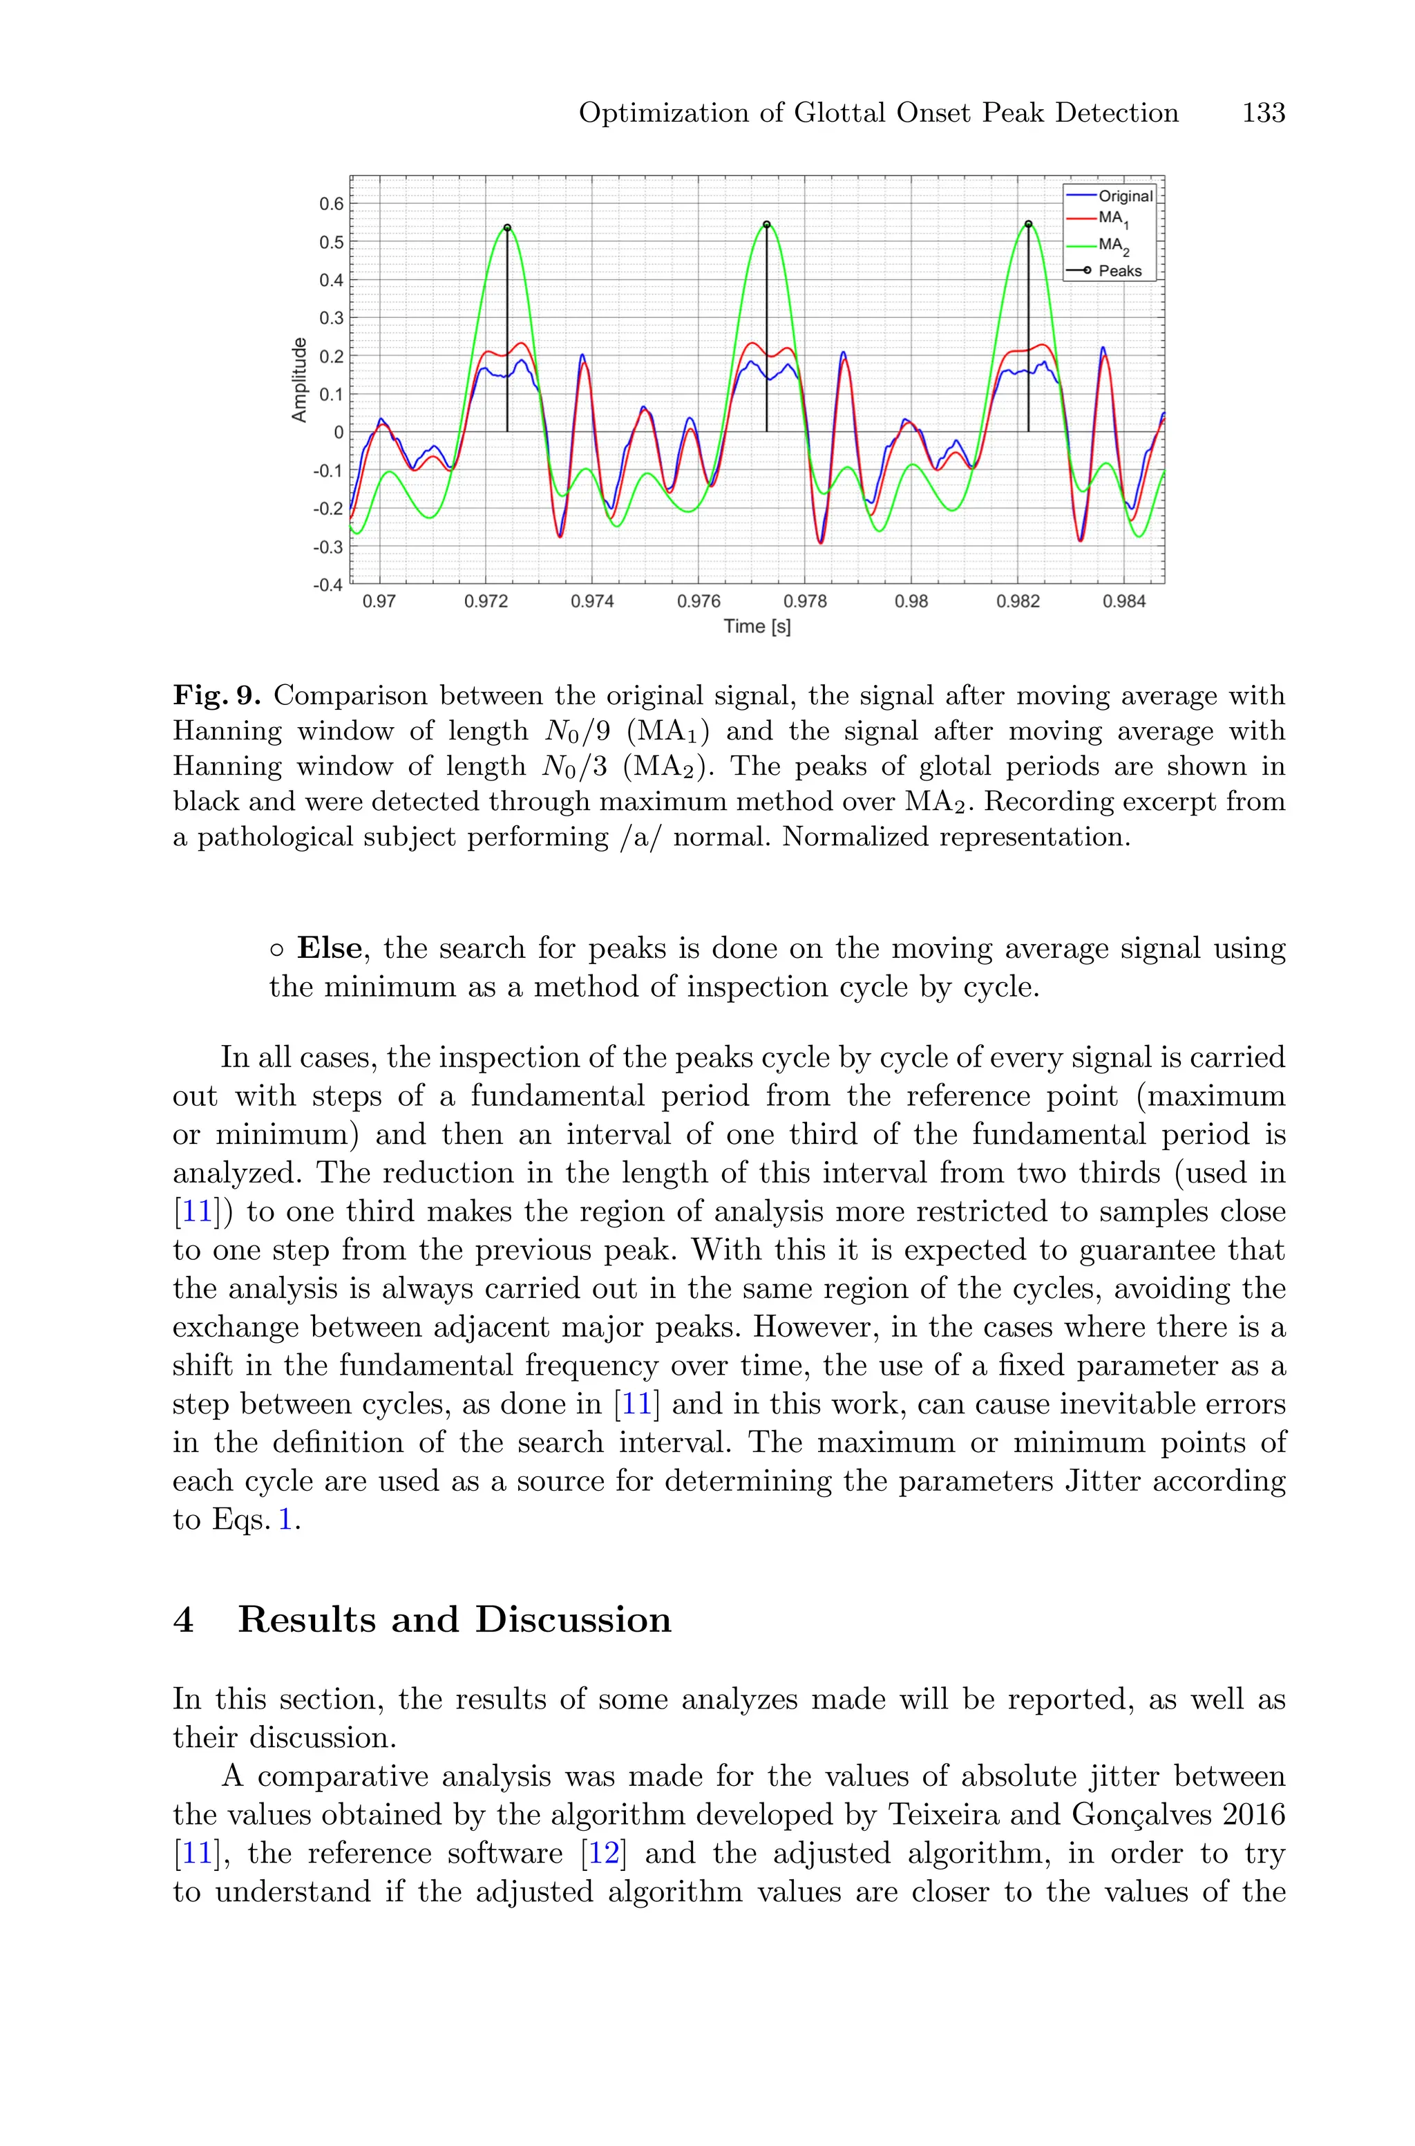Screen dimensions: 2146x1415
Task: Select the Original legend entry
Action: [x=1124, y=196]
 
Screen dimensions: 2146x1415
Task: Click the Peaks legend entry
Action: [x=1119, y=271]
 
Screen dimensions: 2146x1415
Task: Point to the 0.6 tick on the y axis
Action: [x=331, y=204]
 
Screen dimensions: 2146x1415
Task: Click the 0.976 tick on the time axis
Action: [x=699, y=602]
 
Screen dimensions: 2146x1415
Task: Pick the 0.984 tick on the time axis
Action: [x=1123, y=602]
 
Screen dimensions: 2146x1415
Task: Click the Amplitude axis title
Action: [x=298, y=380]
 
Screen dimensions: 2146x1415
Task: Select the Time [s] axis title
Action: [x=757, y=626]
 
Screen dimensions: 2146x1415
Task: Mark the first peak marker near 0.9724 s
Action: [x=507, y=228]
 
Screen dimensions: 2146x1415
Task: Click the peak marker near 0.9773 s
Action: [x=766, y=225]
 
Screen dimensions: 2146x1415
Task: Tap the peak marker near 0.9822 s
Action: [x=1028, y=225]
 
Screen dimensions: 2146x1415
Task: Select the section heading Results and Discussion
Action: [x=454, y=1620]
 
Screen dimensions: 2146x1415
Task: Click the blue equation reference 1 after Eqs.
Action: [x=285, y=1520]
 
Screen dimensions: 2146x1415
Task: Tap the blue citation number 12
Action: [x=604, y=1854]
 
